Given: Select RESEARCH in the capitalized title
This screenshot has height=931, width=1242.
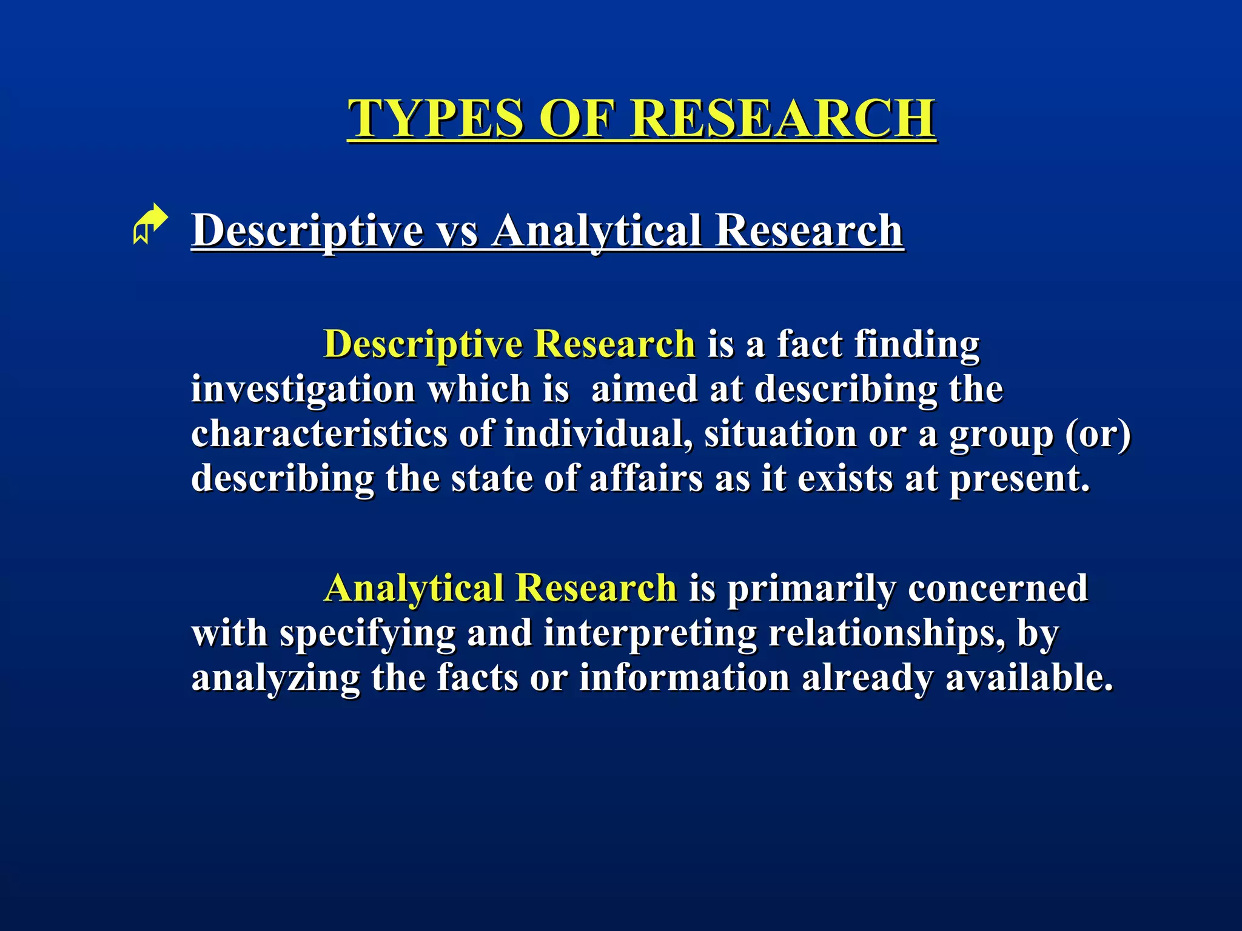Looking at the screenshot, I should pyautogui.click(x=783, y=118).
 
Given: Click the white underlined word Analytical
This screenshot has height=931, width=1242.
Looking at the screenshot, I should pyautogui.click(x=597, y=231).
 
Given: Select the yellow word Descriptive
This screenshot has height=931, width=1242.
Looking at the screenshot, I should pyautogui.click(x=423, y=344).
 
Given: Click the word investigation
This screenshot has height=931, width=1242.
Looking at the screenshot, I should pyautogui.click(x=303, y=389).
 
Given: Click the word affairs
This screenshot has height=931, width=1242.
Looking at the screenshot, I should pyautogui.click(x=646, y=479).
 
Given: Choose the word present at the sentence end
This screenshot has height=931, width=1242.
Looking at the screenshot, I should pyautogui.click(x=1019, y=479).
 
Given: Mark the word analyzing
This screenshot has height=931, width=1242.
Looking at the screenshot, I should pyautogui.click(x=275, y=678).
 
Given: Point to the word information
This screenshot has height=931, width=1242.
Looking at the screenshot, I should pyautogui.click(x=684, y=678).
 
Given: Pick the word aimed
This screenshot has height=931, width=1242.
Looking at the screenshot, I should pyautogui.click(x=645, y=389).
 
